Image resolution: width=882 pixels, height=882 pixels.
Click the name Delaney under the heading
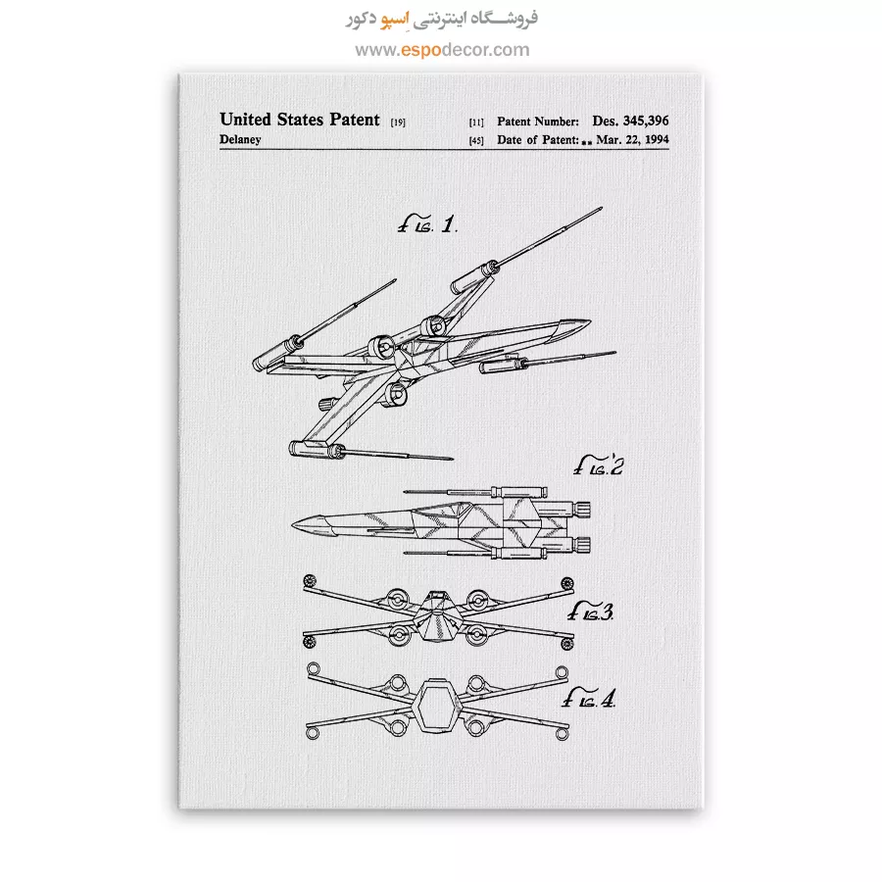pos(240,139)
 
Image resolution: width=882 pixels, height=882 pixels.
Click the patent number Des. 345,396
pos(630,121)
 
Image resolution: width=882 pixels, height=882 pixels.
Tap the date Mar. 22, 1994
pos(632,139)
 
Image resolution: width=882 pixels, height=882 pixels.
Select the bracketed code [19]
pos(398,122)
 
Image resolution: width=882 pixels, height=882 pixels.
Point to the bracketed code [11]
pos(476,122)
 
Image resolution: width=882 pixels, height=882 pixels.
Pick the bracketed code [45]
pos(476,140)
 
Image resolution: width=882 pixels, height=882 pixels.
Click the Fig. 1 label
pos(427,224)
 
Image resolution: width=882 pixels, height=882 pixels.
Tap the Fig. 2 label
pos(599,465)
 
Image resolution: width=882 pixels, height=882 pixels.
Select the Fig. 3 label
pos(590,612)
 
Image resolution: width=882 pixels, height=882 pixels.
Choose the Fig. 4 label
pos(589,698)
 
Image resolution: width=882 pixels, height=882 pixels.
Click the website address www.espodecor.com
pos(442,50)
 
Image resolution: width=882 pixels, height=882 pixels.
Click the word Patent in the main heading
pos(355,120)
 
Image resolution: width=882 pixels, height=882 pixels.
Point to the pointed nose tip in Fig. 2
pos(292,525)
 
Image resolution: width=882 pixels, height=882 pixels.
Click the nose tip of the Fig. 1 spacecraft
pos(591,320)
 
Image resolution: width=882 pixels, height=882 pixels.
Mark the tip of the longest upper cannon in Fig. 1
pos(602,208)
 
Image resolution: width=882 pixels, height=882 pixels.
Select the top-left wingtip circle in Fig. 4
pos(314,668)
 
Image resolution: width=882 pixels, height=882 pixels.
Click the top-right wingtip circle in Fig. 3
pos(567,583)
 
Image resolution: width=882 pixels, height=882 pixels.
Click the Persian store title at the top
pos(442,19)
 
